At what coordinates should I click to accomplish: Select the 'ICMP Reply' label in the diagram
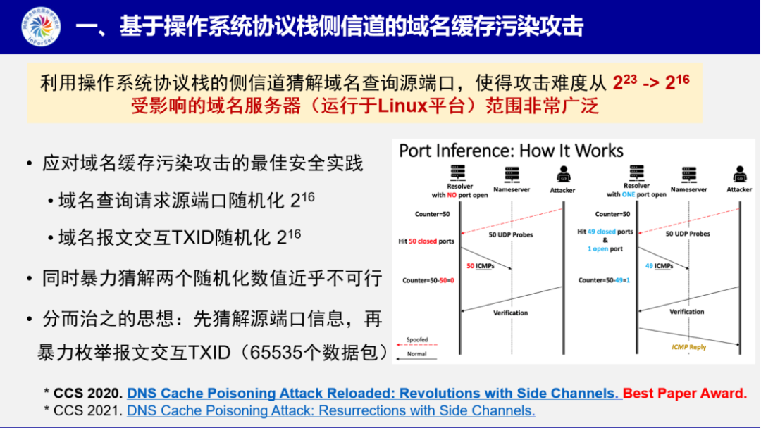coord(688,347)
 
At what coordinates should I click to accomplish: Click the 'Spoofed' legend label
coord(417,340)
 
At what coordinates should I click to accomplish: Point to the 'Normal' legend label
coord(417,354)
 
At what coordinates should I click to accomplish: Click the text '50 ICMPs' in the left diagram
coord(481,266)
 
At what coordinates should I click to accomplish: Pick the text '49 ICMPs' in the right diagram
coord(659,266)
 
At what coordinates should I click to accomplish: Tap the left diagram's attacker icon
coord(563,173)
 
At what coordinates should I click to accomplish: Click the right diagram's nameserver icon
coord(687,173)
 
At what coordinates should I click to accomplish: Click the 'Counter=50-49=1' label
coord(604,280)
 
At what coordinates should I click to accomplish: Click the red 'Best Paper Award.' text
coord(685,394)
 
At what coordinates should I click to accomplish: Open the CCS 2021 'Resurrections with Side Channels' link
coord(331,410)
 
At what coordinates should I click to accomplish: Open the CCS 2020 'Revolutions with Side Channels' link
coord(373,394)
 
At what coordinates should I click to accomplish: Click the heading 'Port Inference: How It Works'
coord(511,151)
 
